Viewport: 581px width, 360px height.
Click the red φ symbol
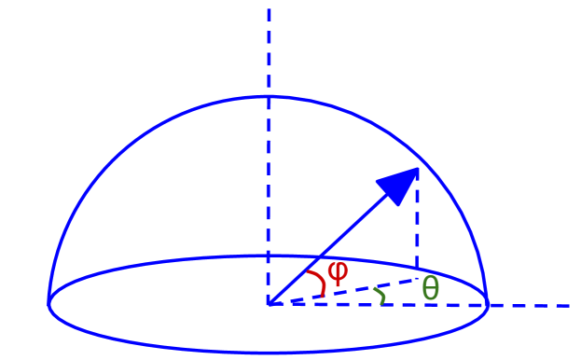coord(338,272)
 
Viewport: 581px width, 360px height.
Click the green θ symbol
coord(430,289)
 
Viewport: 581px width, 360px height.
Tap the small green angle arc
coord(380,296)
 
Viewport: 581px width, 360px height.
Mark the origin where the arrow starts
coord(269,304)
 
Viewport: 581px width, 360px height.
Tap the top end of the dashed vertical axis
coord(269,11)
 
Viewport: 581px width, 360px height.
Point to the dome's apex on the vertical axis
coord(269,96)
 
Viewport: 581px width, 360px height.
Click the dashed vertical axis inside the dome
coord(269,187)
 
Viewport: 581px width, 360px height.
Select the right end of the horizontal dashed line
coord(567,305)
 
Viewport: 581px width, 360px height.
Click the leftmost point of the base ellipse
coord(48,303)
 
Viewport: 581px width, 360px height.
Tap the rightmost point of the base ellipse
coord(488,303)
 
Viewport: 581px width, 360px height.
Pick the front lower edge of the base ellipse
coord(269,352)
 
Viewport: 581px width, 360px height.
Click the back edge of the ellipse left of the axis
coord(168,262)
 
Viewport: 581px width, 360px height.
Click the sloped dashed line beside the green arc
coord(354,290)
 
